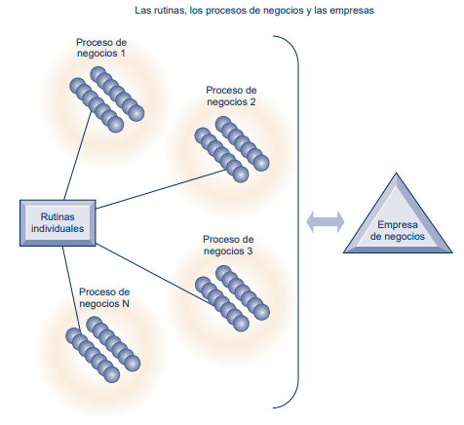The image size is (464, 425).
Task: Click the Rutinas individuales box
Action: click(58, 223)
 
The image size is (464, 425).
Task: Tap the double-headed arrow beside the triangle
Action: click(325, 222)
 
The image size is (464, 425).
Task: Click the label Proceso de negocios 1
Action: click(101, 48)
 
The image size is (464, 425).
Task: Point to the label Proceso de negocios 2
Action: click(231, 96)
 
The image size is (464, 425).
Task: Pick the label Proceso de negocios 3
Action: click(228, 246)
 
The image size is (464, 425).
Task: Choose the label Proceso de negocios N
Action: click(104, 297)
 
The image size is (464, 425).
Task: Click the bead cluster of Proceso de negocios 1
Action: click(107, 99)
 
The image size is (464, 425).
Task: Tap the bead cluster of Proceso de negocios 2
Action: click(232, 149)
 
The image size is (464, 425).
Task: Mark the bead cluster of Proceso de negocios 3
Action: click(232, 298)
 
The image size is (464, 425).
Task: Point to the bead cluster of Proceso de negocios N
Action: click(103, 350)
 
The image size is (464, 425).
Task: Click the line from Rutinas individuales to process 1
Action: click(78, 155)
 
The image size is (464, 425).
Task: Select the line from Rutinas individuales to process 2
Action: click(161, 189)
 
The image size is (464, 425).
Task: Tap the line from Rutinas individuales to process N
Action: click(71, 288)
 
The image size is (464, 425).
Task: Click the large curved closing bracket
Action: click(298, 221)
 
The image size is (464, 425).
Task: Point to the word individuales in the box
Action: click(58, 228)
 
